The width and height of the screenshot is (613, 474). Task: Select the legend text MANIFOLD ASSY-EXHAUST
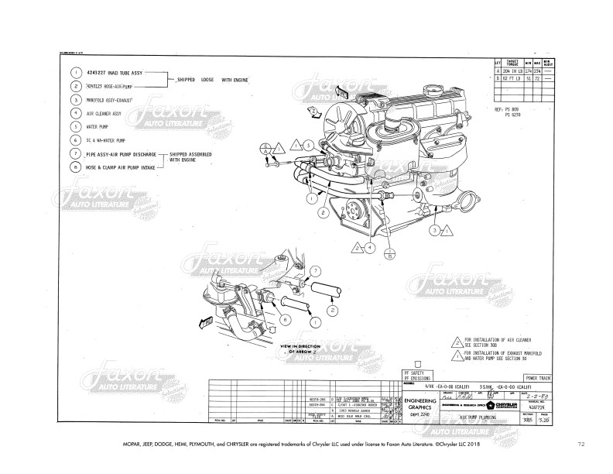click(110, 100)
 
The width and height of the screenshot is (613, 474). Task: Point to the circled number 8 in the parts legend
click(77, 167)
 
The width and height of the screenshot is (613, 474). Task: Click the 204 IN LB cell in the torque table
click(512, 70)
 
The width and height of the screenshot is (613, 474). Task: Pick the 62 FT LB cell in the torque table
click(512, 78)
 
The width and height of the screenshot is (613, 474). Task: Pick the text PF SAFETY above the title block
click(416, 371)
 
